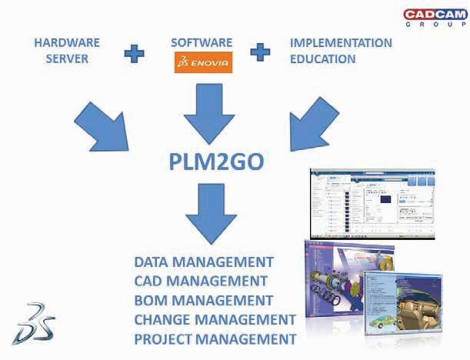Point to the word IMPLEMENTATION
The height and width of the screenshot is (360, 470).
341,43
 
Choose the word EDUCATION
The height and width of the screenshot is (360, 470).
323,59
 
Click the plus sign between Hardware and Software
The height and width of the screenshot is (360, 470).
135,52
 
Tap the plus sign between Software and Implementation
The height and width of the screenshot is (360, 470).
262,52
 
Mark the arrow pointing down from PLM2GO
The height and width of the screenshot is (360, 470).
205,211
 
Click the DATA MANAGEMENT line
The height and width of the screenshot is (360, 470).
204,262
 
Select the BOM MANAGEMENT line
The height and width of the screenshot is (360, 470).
203,300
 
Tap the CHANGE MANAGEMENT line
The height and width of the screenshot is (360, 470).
215,319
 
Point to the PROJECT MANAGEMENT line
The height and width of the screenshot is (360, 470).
215,338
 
